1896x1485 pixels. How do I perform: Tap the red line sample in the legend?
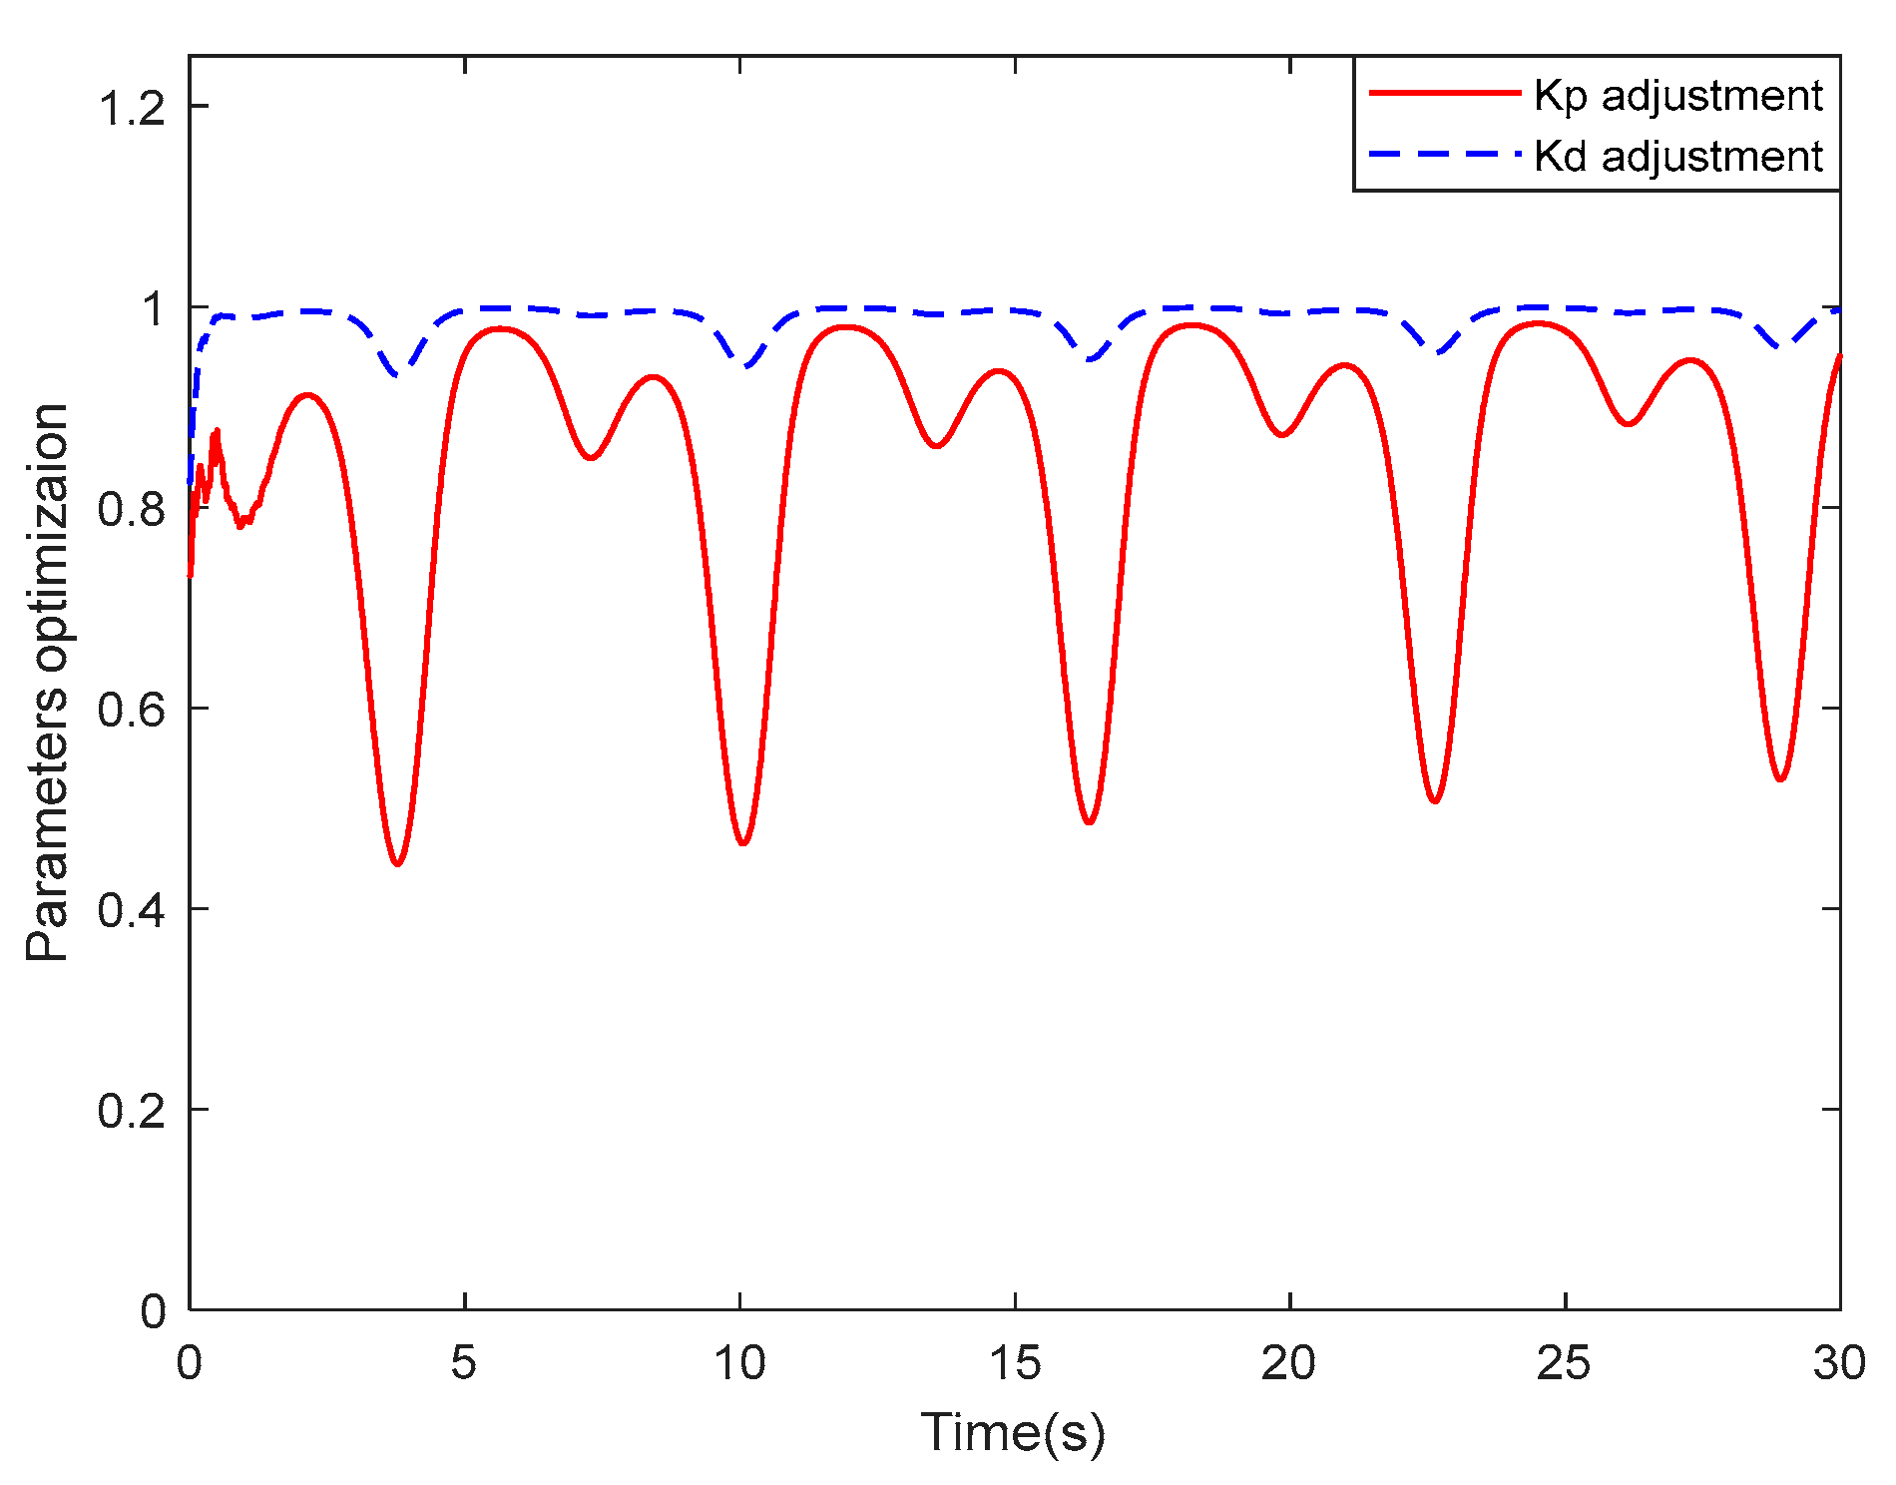pyautogui.click(x=1444, y=93)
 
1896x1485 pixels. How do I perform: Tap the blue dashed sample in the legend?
pyautogui.click(x=1444, y=154)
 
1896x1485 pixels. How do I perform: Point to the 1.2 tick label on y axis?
pyautogui.click(x=131, y=107)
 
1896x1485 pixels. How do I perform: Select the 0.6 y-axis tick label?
pyautogui.click(x=131, y=709)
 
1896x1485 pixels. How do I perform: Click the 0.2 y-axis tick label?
pyautogui.click(x=131, y=1110)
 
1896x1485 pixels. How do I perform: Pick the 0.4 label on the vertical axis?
pyautogui.click(x=131, y=909)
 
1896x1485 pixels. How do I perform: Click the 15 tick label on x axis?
pyautogui.click(x=1015, y=1363)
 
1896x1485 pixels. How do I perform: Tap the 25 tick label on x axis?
pyautogui.click(x=1564, y=1363)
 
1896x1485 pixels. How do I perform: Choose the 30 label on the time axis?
pyautogui.click(x=1838, y=1363)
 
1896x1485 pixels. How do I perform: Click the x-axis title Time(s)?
pyautogui.click(x=1013, y=1433)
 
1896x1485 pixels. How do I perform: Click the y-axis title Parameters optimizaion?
pyautogui.click(x=47, y=683)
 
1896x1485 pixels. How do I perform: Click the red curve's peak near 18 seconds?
pyautogui.click(x=1190, y=325)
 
